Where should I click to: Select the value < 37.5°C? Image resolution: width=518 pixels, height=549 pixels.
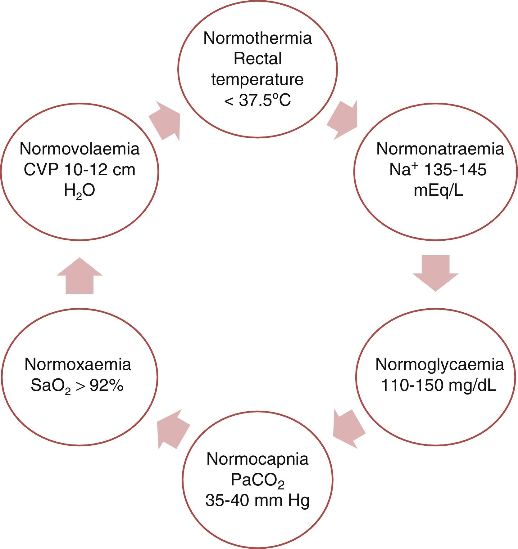pyautogui.click(x=257, y=100)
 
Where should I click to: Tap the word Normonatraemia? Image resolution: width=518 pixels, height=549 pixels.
pyautogui.click(x=440, y=149)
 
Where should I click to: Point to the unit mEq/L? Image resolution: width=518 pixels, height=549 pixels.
pyautogui.click(x=438, y=191)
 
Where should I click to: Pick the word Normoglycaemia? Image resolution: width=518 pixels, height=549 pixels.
pyautogui.click(x=439, y=364)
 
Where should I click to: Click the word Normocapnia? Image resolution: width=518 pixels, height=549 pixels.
pyautogui.click(x=257, y=459)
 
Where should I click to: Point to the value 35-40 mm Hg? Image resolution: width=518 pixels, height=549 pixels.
pyautogui.click(x=257, y=501)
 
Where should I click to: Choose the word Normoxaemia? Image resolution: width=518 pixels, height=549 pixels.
pyautogui.click(x=78, y=364)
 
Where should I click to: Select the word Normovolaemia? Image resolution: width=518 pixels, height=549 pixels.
pyautogui.click(x=80, y=149)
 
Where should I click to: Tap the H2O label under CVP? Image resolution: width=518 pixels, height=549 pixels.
pyautogui.click(x=80, y=192)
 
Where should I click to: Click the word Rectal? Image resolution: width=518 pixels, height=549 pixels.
pyautogui.click(x=257, y=59)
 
